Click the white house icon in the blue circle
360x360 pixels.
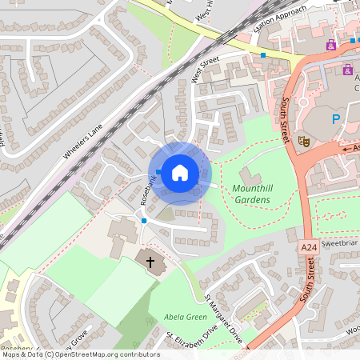(180, 172)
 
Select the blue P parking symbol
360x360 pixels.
(336, 120)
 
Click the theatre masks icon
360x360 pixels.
(304, 140)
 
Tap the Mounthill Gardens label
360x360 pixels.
(257, 193)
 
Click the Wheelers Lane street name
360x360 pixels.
(83, 140)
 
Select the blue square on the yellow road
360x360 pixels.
(263, 55)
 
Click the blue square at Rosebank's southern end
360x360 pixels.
(144, 220)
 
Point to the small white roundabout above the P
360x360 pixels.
(304, 102)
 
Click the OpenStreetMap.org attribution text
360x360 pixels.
(98, 354)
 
